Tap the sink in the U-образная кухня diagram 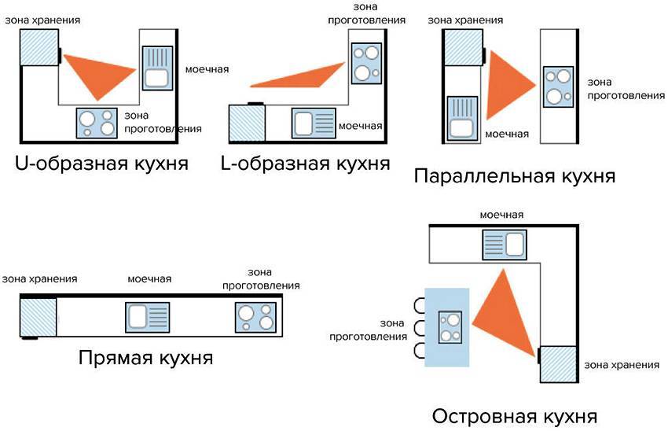156,68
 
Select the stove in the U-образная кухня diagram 97,123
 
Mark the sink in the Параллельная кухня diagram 462,118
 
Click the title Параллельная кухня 514,175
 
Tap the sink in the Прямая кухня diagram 147,317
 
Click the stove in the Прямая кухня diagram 255,316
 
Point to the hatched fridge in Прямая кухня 38,316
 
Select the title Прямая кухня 146,358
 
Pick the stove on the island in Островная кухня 450,327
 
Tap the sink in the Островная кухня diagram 503,245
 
